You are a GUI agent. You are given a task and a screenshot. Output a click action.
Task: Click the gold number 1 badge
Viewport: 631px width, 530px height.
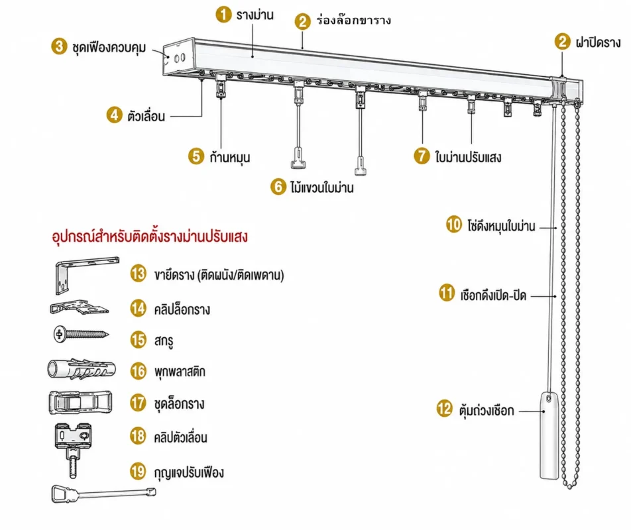(223, 15)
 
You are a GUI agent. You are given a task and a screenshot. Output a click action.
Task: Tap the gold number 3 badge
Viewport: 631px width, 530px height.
(59, 46)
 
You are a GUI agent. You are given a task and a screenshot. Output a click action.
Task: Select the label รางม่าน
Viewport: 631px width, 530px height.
(255, 15)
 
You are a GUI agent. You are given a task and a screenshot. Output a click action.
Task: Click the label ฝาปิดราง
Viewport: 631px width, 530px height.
(598, 42)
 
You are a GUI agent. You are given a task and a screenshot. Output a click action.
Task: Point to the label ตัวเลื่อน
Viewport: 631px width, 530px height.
(146, 116)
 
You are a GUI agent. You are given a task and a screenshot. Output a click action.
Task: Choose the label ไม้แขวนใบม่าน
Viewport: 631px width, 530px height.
(322, 187)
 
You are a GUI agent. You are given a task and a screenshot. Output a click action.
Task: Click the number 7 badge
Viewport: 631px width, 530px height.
(422, 155)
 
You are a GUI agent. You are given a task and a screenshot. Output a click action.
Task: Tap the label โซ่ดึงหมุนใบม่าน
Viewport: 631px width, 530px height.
(501, 226)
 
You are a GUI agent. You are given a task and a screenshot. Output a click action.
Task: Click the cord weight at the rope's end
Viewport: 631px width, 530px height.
(549, 435)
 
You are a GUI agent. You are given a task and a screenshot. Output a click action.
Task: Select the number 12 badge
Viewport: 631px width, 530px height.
(445, 409)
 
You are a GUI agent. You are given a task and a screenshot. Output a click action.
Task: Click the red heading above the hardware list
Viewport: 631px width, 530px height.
(150, 237)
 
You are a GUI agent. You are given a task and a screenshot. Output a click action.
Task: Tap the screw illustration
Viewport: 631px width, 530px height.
(82, 334)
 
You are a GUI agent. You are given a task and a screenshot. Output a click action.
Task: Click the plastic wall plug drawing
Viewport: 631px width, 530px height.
(82, 369)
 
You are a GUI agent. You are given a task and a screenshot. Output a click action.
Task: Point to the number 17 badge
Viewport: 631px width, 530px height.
(138, 403)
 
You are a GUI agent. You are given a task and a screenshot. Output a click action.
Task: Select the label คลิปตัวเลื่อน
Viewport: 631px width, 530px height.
(181, 437)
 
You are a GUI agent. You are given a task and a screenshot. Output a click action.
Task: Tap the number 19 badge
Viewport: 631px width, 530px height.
(138, 471)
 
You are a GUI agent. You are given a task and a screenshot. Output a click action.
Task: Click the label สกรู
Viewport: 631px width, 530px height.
(164, 341)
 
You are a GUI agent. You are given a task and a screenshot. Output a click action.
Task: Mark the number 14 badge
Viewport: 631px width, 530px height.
(138, 309)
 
